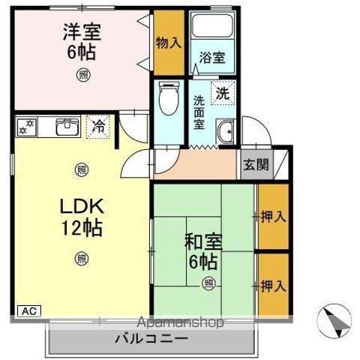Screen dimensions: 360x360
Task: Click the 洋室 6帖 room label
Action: point(80,42)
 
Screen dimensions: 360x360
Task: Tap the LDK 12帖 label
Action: point(81,215)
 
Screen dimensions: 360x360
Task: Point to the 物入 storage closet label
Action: point(169,42)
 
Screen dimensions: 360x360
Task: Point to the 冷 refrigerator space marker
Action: point(97,127)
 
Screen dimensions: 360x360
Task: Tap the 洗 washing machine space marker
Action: point(222,94)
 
